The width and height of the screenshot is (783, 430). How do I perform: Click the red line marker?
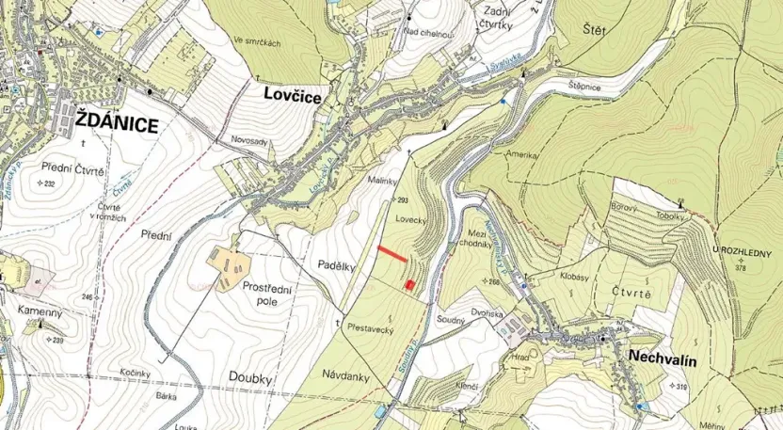(x=392, y=253)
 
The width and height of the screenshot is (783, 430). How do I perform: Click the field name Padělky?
(x=336, y=266)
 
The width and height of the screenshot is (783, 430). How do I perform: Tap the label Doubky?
(x=249, y=377)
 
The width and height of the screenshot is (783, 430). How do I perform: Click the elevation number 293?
(x=404, y=200)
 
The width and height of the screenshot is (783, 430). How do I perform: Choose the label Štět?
(x=596, y=31)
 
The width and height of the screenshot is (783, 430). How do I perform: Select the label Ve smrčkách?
(x=257, y=40)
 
